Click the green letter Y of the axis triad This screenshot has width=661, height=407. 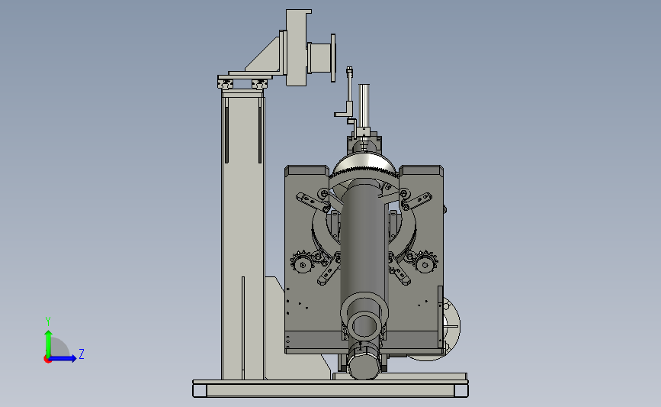tap(48, 321)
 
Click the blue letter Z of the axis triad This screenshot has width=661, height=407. tap(82, 354)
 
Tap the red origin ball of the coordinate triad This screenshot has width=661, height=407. tap(47, 359)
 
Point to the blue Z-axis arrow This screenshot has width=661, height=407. tap(63, 358)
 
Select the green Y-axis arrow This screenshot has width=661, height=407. tap(48, 344)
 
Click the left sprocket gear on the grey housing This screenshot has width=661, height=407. tap(302, 263)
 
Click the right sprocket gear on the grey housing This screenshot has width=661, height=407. tap(425, 262)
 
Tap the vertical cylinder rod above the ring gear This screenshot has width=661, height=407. tap(364, 105)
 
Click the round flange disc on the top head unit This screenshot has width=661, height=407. tap(333, 58)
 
